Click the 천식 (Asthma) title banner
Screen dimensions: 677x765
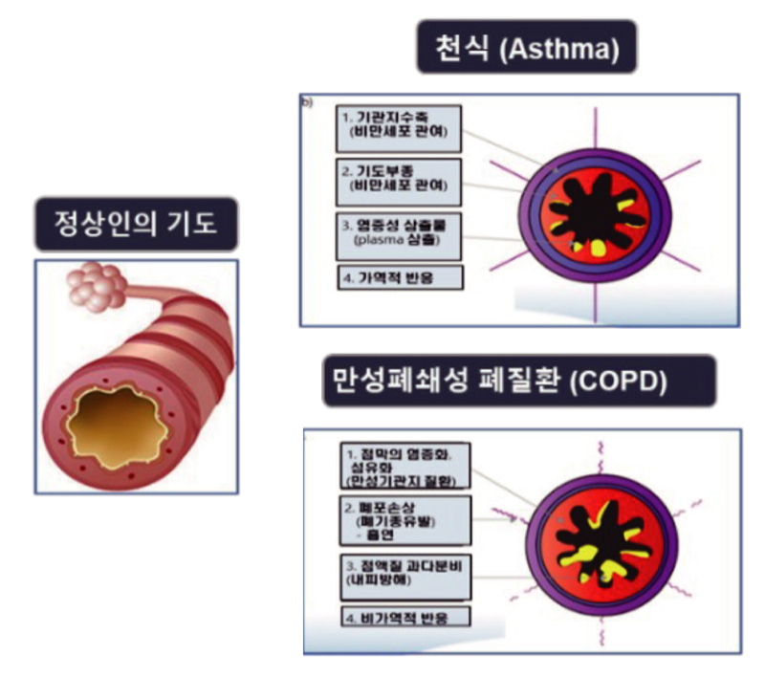pos(526,46)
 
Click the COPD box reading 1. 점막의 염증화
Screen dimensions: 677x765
pos(405,466)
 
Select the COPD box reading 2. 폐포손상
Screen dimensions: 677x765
pos(405,522)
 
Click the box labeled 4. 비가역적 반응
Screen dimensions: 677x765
pos(405,616)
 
